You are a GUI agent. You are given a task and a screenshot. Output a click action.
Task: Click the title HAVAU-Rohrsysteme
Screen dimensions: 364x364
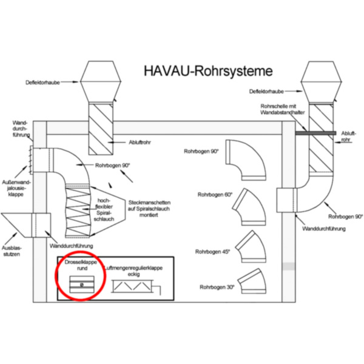pos(204,70)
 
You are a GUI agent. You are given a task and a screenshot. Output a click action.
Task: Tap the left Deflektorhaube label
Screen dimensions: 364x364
pos(44,82)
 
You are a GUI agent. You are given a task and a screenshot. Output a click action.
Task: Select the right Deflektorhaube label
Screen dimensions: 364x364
pos(267,91)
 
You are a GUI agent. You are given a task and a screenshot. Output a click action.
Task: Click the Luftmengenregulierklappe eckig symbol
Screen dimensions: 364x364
pos(136,284)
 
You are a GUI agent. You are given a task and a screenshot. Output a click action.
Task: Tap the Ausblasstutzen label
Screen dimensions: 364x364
pos(12,251)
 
